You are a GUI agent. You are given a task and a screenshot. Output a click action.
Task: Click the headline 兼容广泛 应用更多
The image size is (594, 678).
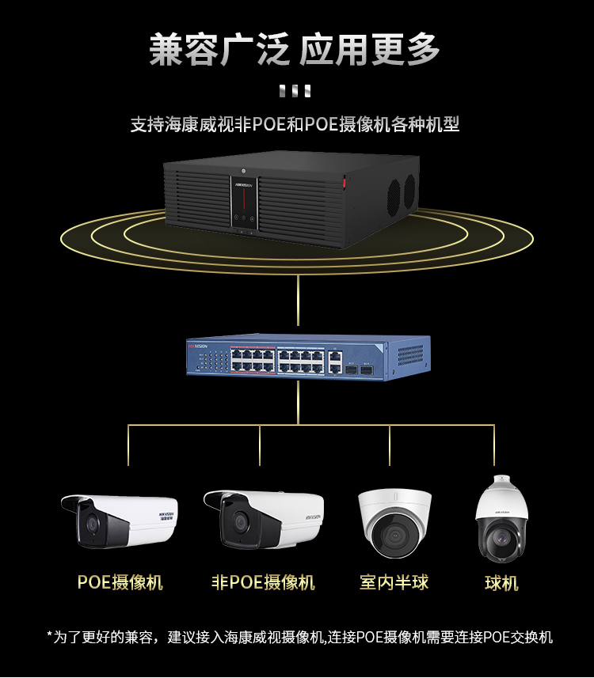point(295,50)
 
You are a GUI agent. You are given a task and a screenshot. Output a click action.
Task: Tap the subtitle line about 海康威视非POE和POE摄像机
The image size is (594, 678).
point(295,124)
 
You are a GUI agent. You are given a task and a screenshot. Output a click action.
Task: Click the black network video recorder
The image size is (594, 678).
point(291,199)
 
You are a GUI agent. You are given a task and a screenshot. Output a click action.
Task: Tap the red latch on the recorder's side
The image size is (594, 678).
point(345,182)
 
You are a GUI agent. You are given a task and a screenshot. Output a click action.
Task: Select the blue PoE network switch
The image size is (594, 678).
point(309,358)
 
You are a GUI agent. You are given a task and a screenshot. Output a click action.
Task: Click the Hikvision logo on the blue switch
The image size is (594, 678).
point(197,346)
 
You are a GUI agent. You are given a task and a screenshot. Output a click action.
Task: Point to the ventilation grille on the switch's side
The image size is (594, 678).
point(410,355)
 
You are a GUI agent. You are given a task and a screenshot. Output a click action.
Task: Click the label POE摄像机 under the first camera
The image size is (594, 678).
point(120,582)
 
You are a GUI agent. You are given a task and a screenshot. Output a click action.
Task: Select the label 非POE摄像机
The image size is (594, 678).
point(263,582)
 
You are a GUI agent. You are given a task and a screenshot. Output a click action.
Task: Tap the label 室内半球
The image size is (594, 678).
point(394,582)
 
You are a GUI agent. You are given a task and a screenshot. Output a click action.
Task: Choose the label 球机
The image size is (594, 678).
point(501,583)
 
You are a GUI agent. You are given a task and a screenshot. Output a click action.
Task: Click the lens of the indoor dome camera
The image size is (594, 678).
point(394,536)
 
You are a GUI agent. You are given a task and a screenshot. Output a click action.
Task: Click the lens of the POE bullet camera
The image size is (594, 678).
point(92,524)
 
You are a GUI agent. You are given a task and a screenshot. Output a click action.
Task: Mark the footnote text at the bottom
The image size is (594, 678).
point(299,637)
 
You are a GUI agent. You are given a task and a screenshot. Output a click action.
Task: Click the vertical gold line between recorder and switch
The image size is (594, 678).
point(298,300)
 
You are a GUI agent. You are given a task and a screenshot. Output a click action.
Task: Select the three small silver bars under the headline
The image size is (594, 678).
point(295,91)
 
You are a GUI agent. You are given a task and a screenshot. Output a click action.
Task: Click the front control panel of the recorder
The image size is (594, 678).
point(244,203)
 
